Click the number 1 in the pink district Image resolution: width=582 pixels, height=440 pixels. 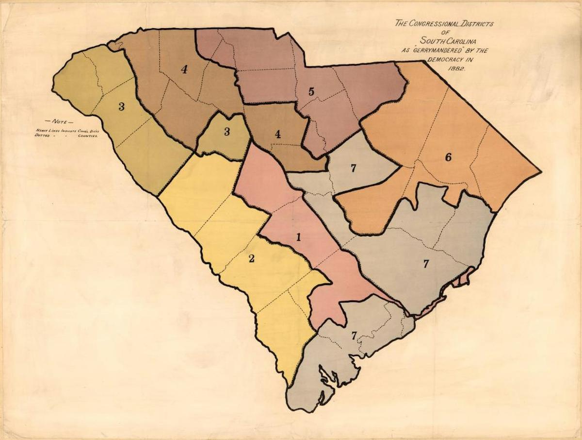point(299,237)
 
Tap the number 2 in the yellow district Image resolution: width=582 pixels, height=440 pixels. point(251,258)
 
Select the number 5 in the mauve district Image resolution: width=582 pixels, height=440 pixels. point(311,91)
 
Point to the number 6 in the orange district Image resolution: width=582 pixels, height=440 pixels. point(448,157)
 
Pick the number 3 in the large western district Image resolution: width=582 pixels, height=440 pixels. point(121,107)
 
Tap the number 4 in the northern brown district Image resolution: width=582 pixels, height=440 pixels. point(184,69)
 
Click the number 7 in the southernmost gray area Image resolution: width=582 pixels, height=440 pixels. point(354,335)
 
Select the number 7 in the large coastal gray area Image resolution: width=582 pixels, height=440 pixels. point(426,264)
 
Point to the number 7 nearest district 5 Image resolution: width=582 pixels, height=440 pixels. point(354,168)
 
